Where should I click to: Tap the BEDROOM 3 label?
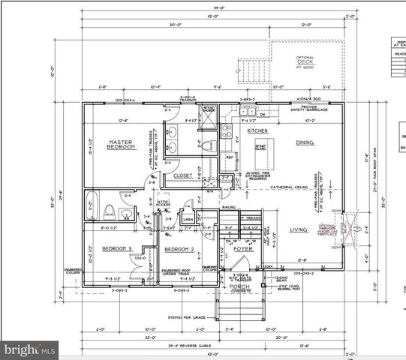pyautogui.click(x=118, y=248)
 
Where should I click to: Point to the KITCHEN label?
pyautogui.click(x=257, y=130)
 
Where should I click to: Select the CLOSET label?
pyautogui.click(x=183, y=175)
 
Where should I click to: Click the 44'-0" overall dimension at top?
pyautogui.click(x=218, y=9)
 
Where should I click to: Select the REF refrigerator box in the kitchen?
pyautogui.click(x=230, y=158)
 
